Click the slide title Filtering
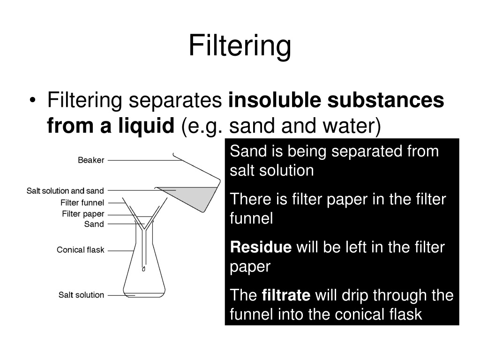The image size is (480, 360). (x=240, y=45)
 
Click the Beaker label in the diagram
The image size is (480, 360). (x=91, y=160)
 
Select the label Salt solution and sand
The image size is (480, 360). (x=65, y=191)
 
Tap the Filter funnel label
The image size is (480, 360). (x=82, y=202)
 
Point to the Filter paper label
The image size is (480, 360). (x=83, y=214)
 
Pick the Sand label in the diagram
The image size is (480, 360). (x=94, y=224)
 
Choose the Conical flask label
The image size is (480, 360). (x=81, y=250)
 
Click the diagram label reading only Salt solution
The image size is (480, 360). (x=81, y=295)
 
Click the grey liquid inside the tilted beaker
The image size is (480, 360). (x=196, y=196)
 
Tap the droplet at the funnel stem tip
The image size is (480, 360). (x=143, y=269)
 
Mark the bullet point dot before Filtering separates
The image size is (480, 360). (x=33, y=100)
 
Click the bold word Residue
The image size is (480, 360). (x=261, y=247)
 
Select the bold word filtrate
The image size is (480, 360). (x=286, y=295)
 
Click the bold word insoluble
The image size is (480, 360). (x=275, y=100)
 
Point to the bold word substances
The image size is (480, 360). (x=386, y=100)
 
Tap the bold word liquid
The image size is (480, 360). (x=146, y=126)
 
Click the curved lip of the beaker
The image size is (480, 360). (x=177, y=157)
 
